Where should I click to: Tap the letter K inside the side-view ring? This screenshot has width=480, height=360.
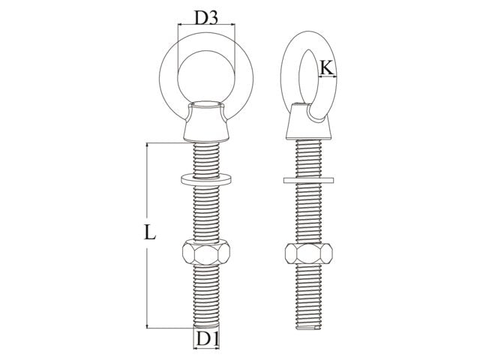pos(326,68)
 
